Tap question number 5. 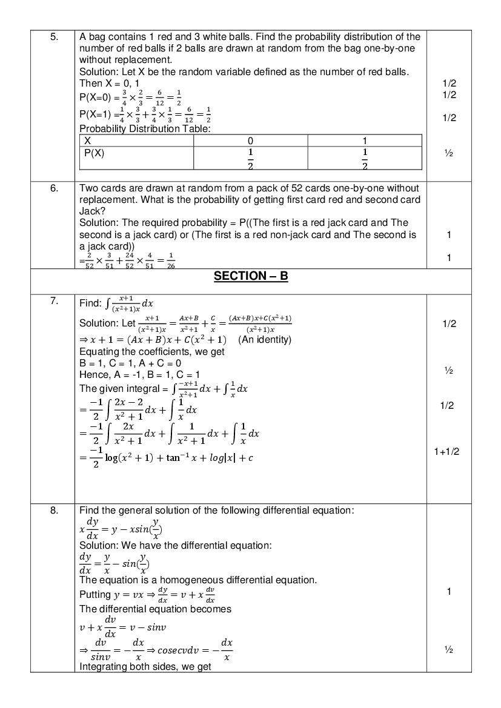pos(54,37)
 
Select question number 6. pos(54,188)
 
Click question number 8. pos(54,510)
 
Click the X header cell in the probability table pos(88,141)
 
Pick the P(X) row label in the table pos(94,153)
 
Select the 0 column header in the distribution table pos(250,141)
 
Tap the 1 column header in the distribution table pos(365,141)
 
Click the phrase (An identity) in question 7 pos(265,340)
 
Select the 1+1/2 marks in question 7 pos(447,451)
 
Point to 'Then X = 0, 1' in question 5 pos(109,83)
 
